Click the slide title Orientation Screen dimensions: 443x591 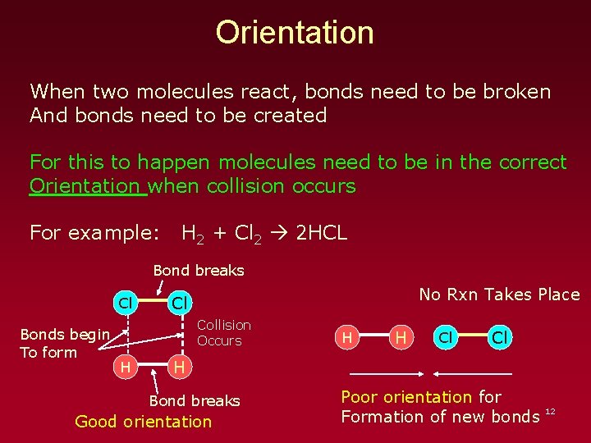tap(295, 33)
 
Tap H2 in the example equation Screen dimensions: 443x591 tap(194, 235)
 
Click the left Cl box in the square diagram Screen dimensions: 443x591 tap(125, 303)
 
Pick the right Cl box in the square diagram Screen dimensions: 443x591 tap(178, 303)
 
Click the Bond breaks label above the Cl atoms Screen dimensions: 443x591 tap(199, 270)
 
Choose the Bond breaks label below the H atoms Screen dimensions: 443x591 tap(195, 400)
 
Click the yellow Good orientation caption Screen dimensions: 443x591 tap(143, 422)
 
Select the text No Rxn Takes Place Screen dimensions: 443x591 tap(499, 295)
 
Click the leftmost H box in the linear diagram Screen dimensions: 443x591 tap(347, 337)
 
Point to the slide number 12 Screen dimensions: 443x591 tap(550, 409)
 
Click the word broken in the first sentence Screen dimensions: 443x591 tap(510, 91)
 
